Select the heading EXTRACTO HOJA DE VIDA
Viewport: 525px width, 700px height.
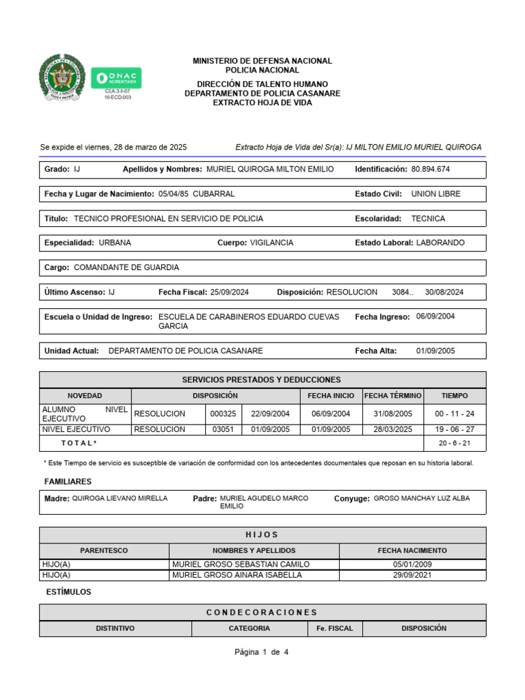tap(262, 103)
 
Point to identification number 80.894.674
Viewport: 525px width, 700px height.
tap(431, 169)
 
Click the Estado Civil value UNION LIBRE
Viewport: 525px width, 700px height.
tap(436, 193)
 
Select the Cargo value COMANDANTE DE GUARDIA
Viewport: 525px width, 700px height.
tap(126, 267)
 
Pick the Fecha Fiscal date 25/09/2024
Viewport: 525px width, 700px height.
tap(230, 292)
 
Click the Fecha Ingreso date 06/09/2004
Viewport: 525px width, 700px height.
tap(435, 317)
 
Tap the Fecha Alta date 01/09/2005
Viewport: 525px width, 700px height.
tap(435, 351)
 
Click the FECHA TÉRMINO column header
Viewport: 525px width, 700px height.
tap(393, 396)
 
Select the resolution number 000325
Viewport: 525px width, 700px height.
tap(223, 414)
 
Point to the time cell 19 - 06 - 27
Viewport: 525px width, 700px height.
tap(455, 429)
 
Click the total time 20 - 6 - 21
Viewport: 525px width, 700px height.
tap(455, 443)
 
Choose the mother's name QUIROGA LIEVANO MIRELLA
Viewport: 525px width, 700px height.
tap(120, 498)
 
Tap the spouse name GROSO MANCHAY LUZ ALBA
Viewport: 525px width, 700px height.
tap(422, 498)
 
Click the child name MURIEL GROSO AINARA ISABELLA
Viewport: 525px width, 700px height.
tap(237, 575)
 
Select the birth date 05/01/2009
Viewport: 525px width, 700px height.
tap(412, 564)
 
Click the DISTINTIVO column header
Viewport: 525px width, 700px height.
tap(115, 628)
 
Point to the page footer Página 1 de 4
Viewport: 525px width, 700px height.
tap(262, 652)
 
